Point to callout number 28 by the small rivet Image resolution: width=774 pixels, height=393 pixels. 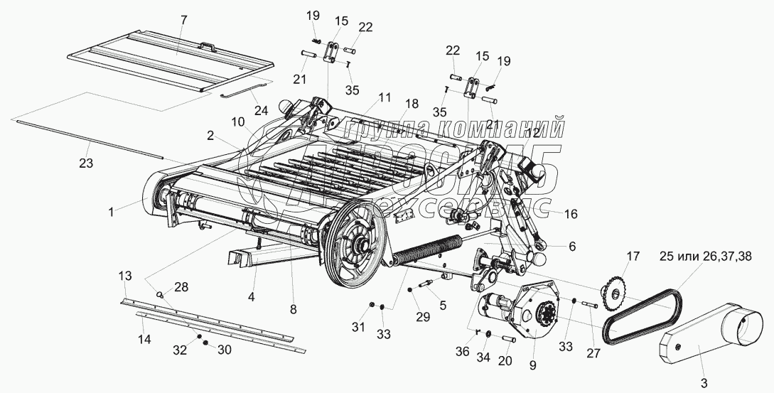[x=181, y=286]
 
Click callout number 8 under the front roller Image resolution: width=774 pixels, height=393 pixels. [x=293, y=309]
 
